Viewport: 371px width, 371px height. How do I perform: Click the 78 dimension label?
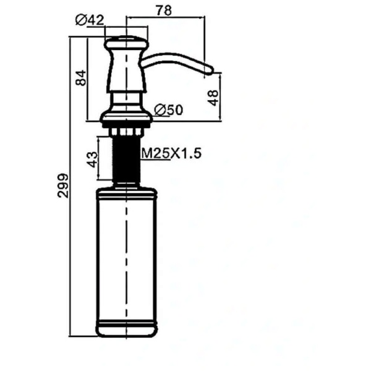point(164,10)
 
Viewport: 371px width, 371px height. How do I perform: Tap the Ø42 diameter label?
point(90,20)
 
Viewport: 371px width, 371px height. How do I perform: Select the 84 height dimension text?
point(80,78)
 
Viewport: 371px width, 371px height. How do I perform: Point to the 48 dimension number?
point(213,98)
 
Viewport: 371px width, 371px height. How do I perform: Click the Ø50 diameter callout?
point(168,110)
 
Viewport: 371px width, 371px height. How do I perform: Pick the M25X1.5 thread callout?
point(171,153)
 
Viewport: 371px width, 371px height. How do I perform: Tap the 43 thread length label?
point(93,160)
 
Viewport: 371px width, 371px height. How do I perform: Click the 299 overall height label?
point(62,185)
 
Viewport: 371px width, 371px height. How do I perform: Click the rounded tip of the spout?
point(210,70)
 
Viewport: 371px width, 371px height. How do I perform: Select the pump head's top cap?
point(127,43)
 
